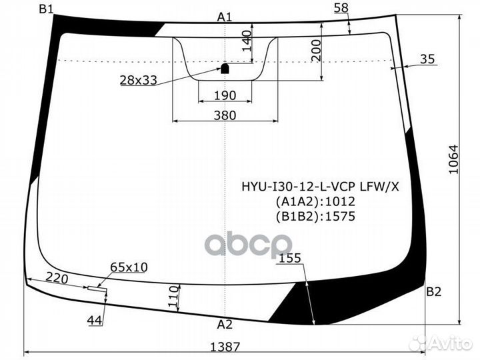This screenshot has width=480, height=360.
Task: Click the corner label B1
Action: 47,9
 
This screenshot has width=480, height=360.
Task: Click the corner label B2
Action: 434,291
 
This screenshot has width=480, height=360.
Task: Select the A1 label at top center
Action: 225,17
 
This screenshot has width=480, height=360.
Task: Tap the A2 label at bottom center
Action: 225,325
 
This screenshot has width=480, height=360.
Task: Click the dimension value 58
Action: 341,7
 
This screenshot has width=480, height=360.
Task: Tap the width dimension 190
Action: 225,95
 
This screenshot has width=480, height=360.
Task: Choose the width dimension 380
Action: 225,115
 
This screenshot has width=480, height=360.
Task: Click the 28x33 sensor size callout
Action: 138,81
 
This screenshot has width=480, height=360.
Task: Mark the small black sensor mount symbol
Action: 225,68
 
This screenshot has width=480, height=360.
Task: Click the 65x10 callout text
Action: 129,267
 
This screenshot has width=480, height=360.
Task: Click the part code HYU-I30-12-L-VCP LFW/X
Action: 320,187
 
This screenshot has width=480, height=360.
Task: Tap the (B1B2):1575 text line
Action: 315,216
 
